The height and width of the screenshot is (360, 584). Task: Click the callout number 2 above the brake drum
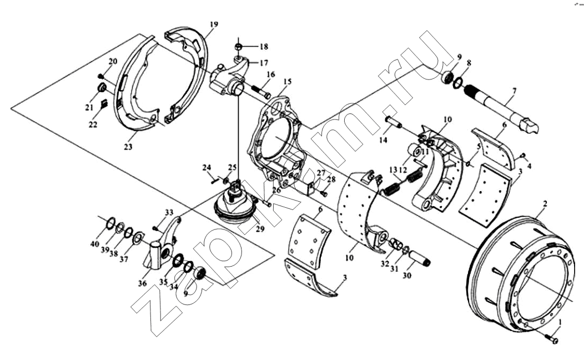545,204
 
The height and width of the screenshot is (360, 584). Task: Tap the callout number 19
214,24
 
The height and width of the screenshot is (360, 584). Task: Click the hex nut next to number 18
238,46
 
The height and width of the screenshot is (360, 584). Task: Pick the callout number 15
286,82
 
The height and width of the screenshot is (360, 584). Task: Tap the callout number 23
128,147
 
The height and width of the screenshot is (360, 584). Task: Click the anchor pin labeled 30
422,259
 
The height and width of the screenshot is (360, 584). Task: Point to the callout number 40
95,244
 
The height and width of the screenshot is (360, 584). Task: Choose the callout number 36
143,283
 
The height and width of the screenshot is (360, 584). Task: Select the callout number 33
169,212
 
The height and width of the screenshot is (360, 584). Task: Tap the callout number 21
89,107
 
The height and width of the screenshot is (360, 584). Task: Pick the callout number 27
321,173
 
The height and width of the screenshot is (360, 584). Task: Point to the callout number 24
207,167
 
